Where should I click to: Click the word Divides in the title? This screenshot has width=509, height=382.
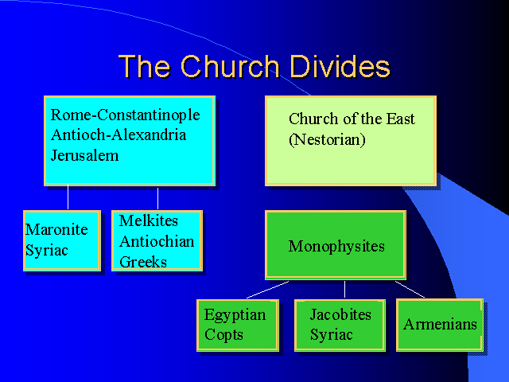[x=340, y=66]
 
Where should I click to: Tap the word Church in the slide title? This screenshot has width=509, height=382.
[x=230, y=66]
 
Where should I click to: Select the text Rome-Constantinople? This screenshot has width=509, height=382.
[x=126, y=115]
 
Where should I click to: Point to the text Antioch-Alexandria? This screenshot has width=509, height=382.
[x=119, y=134]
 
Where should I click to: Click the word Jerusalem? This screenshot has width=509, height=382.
[x=85, y=155]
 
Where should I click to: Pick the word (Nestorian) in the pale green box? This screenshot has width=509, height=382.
[x=327, y=140]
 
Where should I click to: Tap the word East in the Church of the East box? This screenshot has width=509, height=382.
[x=400, y=119]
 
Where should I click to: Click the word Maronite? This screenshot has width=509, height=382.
[x=56, y=229]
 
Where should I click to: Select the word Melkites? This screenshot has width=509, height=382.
[x=149, y=220]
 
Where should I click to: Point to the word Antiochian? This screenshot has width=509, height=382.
[x=157, y=241]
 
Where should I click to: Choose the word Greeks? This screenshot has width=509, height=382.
[x=143, y=262]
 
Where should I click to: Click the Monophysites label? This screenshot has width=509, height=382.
[x=336, y=246]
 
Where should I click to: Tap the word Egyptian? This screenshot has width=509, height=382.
[x=235, y=315]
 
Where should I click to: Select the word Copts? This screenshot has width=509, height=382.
[x=223, y=335]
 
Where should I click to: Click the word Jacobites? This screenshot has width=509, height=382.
[x=340, y=314]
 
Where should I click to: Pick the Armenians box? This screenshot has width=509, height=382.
[x=440, y=325]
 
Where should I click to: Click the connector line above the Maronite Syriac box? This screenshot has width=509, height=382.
[x=68, y=197]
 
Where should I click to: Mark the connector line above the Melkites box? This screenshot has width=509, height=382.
[x=157, y=198]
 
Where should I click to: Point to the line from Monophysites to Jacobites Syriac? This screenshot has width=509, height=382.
[x=344, y=290]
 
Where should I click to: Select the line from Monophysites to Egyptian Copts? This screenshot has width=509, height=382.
[x=267, y=290]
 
